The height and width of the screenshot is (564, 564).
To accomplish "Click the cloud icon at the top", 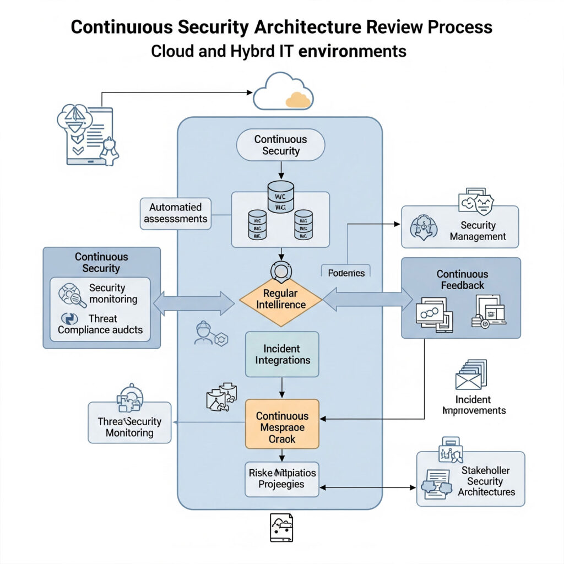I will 283,92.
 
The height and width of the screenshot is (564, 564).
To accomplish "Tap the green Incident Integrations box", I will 282,354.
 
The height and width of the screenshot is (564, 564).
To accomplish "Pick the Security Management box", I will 460,226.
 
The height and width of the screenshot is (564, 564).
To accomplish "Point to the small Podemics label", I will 346,273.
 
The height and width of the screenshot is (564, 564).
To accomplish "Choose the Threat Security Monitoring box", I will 129,422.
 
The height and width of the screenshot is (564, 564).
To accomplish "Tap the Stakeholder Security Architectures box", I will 470,479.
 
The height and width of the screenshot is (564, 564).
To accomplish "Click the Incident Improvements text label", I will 474,405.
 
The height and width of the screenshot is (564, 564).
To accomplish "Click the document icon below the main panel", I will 281,528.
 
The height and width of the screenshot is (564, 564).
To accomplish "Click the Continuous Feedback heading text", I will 462,279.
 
